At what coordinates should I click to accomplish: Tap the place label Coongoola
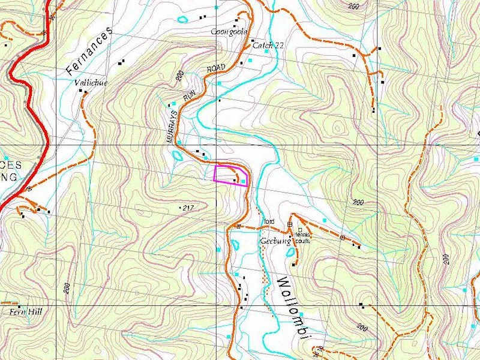229,32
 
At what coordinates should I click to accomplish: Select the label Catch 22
268,45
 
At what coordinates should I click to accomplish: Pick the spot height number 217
188,208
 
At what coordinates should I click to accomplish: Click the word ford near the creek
268,221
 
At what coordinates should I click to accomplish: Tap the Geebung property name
275,241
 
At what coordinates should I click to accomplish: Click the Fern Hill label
23,313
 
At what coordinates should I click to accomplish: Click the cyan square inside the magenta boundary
243,181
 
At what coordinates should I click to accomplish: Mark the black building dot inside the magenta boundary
235,179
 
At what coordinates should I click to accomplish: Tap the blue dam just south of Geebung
291,253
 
